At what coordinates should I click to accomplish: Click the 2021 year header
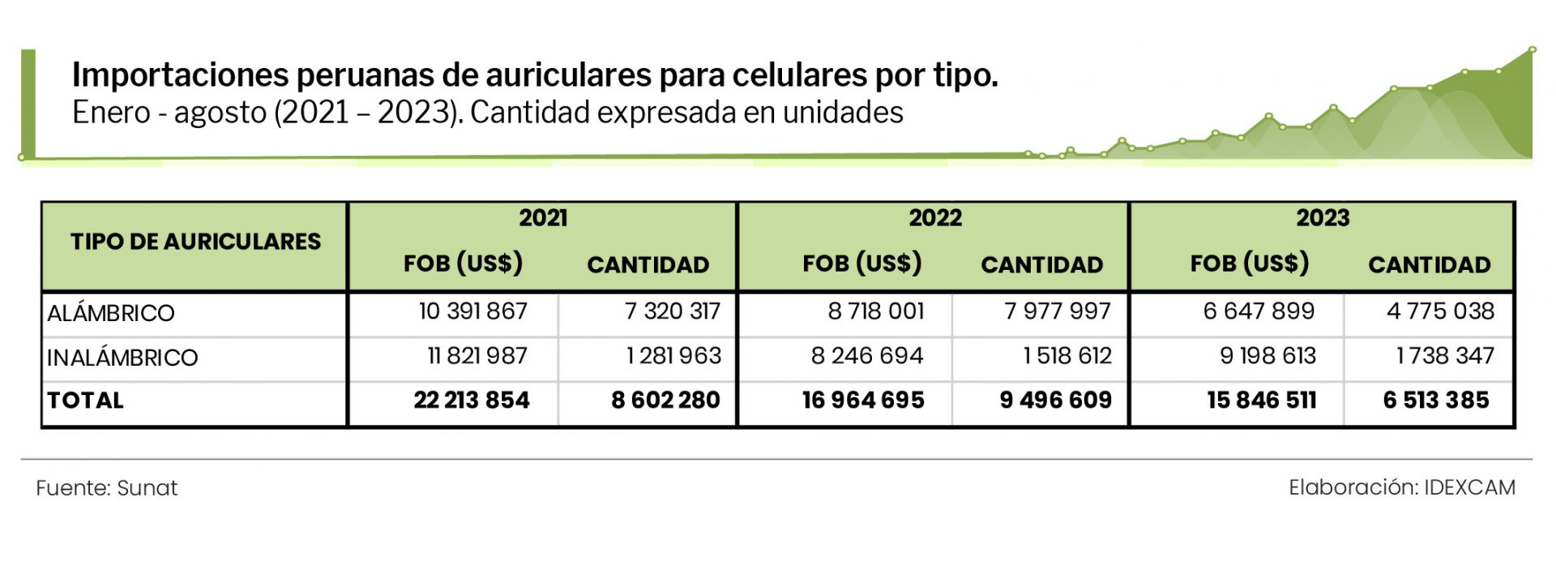click(543, 218)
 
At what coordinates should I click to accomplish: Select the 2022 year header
click(934, 218)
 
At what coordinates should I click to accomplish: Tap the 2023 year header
click(1322, 218)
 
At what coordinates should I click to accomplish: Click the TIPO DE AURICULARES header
click(195, 242)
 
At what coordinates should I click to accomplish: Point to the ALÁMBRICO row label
click(111, 313)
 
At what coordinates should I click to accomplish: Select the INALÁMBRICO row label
click(122, 358)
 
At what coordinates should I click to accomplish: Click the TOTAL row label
click(86, 401)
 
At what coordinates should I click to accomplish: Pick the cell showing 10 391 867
click(472, 311)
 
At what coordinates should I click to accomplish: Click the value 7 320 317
click(672, 311)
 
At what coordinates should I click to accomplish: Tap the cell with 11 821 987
click(477, 356)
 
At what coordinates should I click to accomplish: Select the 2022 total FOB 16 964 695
click(863, 401)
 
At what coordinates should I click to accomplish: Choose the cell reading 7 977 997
click(1057, 311)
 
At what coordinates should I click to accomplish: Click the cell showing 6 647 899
click(1259, 311)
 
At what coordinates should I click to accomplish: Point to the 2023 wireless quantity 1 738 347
click(1444, 356)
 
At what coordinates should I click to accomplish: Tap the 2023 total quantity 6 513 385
click(1435, 401)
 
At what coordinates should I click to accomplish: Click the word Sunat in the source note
click(147, 488)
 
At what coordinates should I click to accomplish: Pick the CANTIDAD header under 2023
click(1429, 265)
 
